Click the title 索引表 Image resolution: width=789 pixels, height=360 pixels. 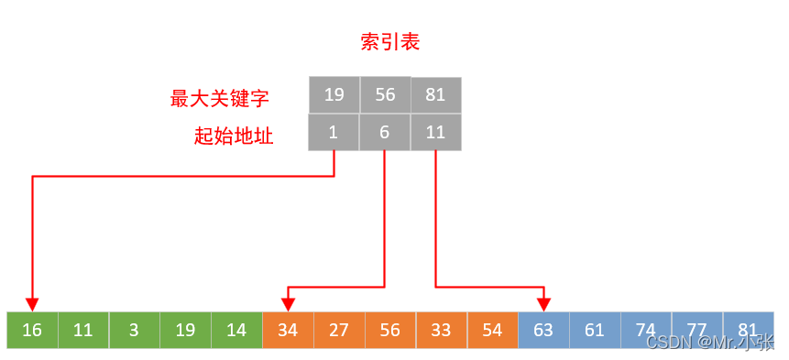coord(390,42)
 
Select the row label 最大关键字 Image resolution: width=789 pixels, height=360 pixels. coord(220,98)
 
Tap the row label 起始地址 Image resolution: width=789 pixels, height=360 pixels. coord(234,136)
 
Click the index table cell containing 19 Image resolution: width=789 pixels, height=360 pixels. coord(334,94)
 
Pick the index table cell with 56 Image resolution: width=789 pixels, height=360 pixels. coord(385,94)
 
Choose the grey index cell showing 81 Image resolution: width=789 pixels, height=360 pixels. coord(435,94)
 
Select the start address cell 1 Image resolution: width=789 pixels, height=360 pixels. coord(334,132)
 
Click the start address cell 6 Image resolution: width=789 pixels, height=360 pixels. coord(385,132)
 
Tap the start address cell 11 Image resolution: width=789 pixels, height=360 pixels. coord(435,132)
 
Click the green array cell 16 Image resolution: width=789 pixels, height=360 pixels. coord(32,330)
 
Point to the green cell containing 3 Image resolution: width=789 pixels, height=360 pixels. coord(134,330)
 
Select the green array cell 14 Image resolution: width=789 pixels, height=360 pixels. coord(236,330)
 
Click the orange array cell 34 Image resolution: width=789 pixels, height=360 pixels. coord(288,330)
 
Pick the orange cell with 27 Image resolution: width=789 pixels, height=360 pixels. coord(339,330)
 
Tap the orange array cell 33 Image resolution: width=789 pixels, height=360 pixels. coord(441,330)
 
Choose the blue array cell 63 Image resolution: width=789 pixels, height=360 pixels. coord(543,330)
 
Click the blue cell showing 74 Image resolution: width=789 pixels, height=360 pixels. coord(646,330)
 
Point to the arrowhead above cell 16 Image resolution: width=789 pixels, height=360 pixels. coord(33,304)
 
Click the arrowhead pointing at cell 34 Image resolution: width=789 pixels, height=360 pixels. coord(289,304)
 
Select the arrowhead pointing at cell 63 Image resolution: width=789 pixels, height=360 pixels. coord(544,304)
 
